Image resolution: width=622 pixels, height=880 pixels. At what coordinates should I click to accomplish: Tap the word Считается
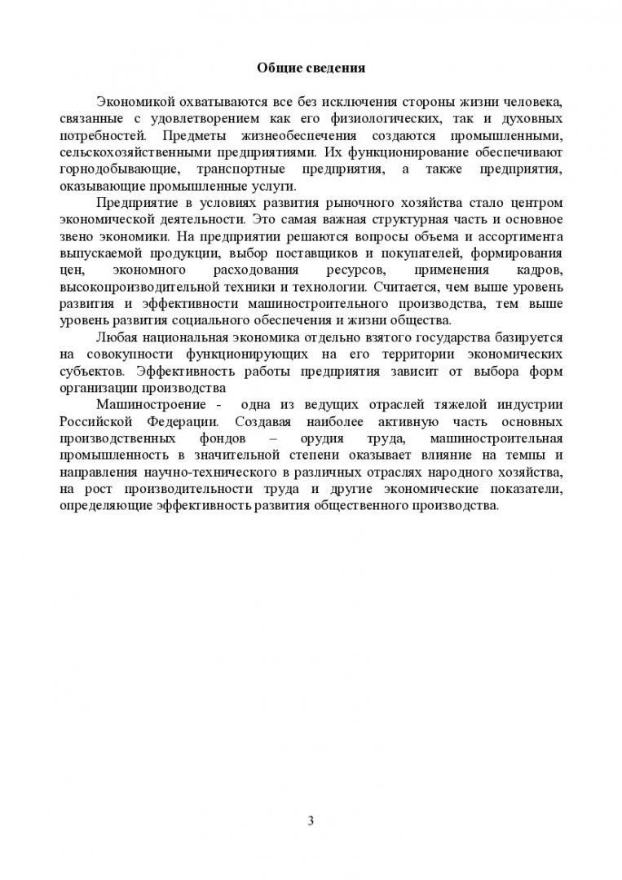(406, 286)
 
